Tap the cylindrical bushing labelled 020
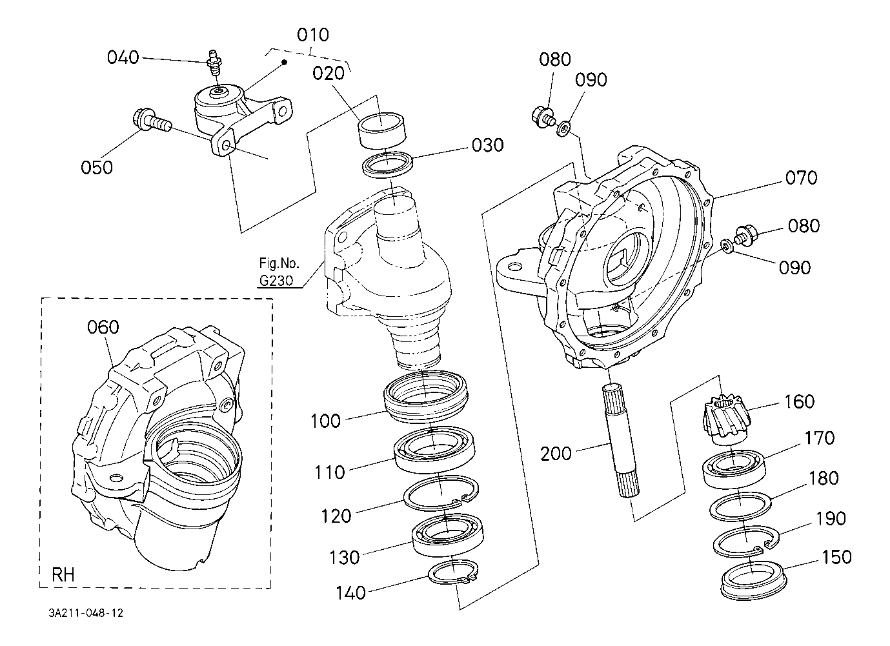click(381, 130)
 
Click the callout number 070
click(800, 177)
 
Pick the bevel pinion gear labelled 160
click(723, 421)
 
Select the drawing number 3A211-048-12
click(85, 613)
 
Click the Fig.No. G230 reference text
click(276, 272)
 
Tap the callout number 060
click(103, 327)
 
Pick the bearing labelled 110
click(436, 450)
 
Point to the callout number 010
click(312, 34)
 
